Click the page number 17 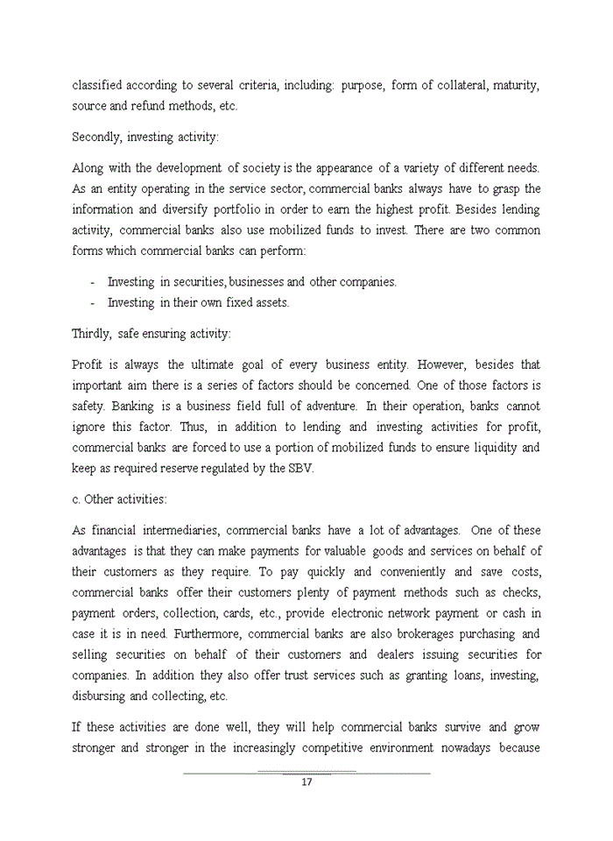[x=306, y=782]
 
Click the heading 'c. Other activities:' [x=119, y=499]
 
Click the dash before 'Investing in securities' [x=92, y=282]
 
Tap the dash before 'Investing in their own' [x=92, y=302]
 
